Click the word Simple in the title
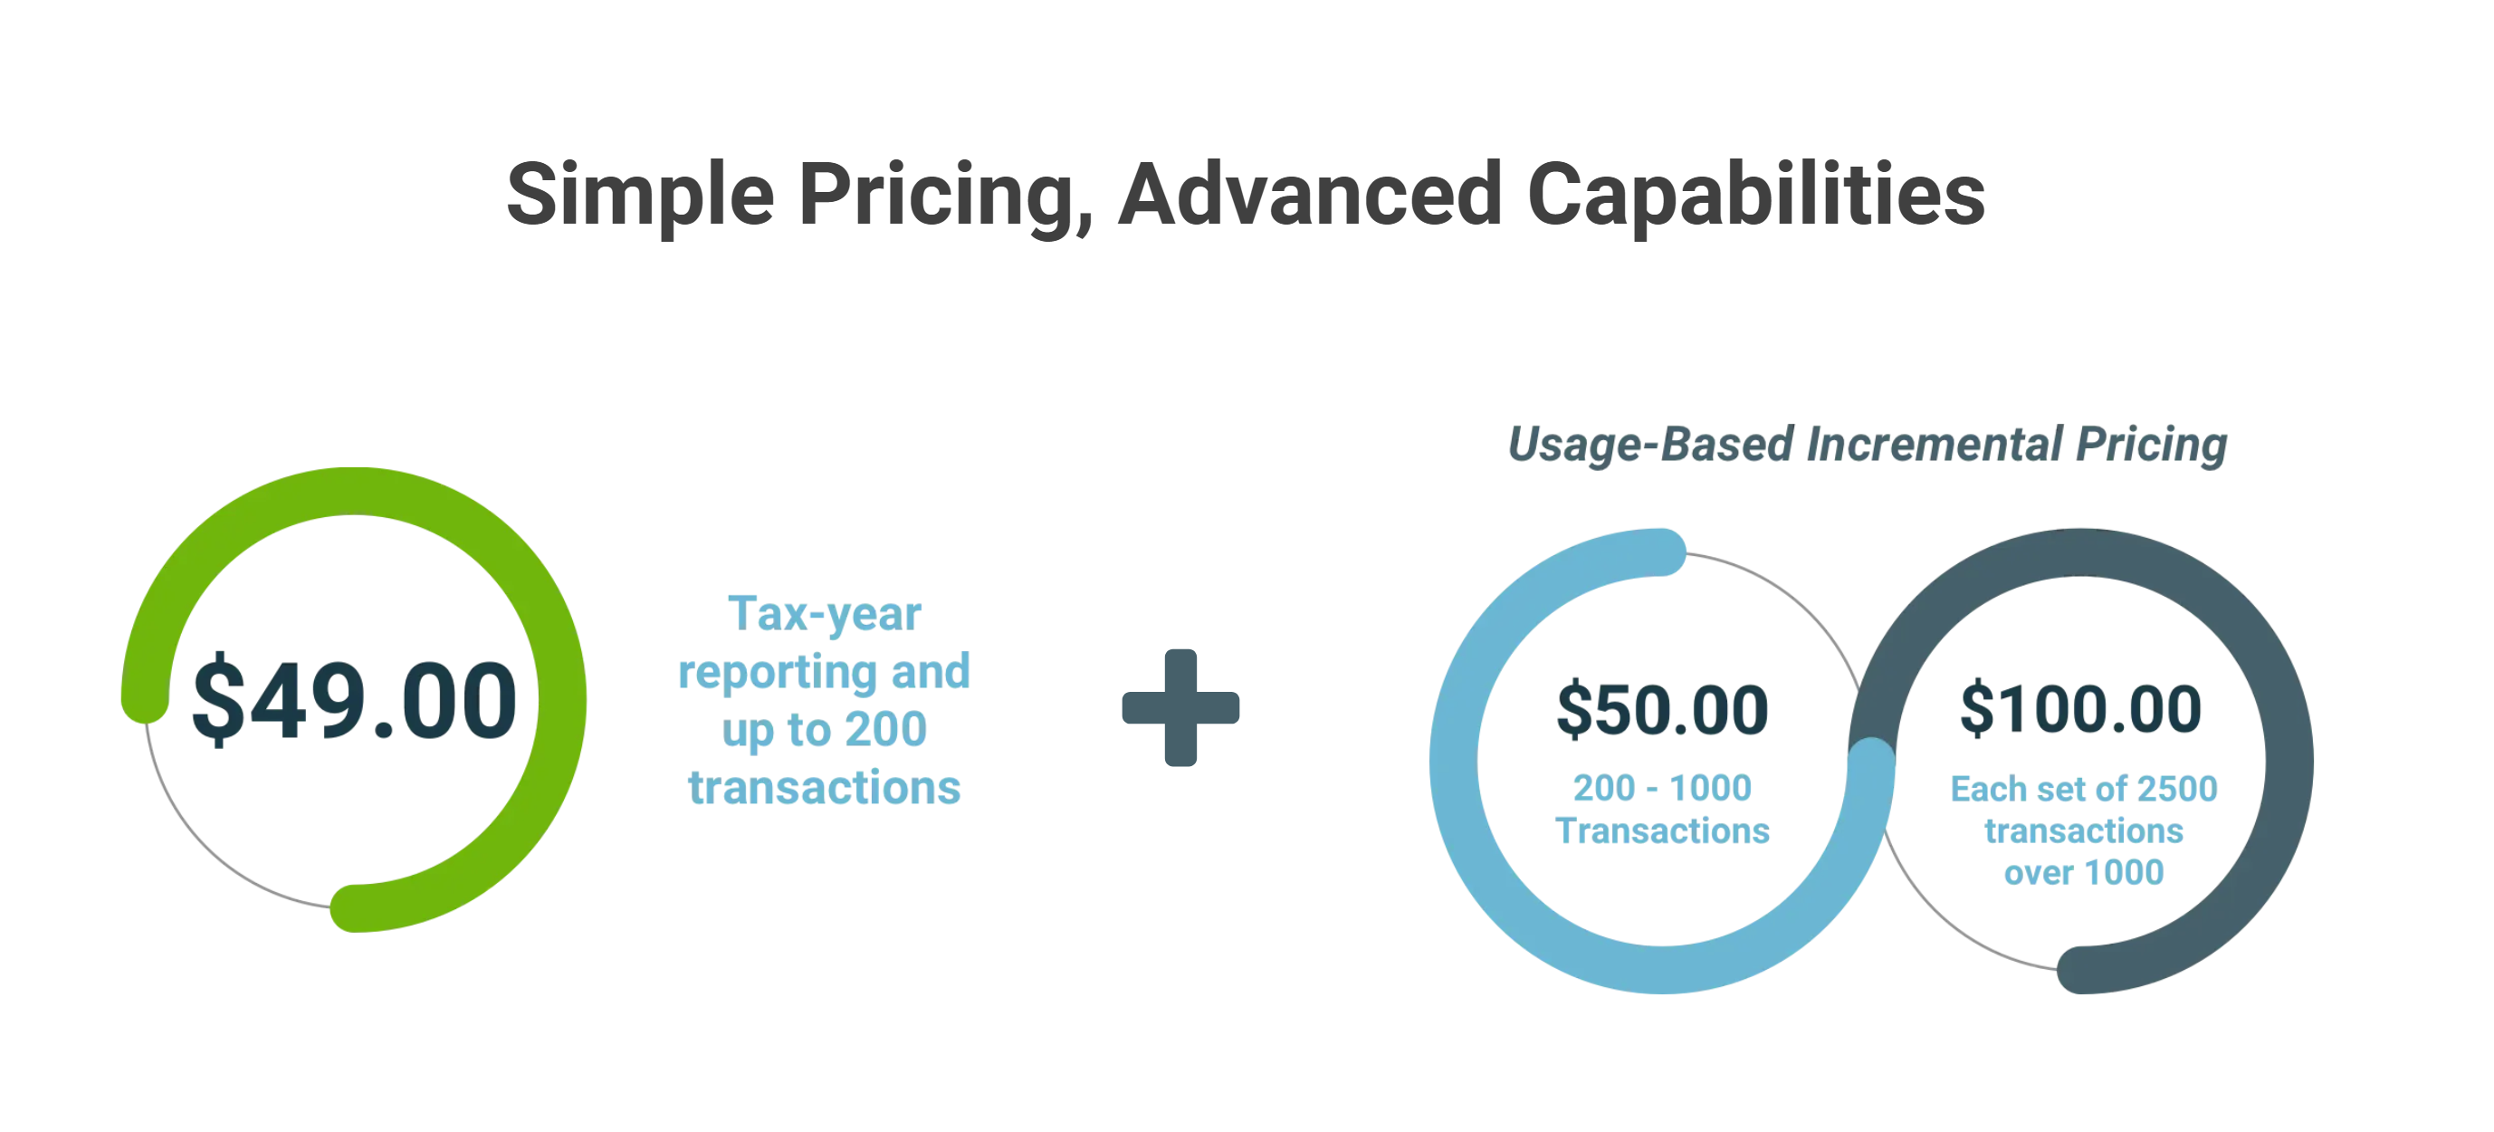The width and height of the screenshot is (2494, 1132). point(640,197)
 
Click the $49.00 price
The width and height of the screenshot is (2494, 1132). point(354,698)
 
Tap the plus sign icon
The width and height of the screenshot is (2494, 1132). point(1180,707)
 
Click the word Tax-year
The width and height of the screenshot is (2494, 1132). point(825,614)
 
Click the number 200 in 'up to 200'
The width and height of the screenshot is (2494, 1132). point(886,728)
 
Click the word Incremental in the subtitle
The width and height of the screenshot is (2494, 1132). point(1935,445)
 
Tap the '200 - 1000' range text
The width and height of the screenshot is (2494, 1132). point(1662,787)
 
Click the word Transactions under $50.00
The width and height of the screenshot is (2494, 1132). point(1662,830)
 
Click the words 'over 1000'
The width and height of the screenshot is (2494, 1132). point(2084,872)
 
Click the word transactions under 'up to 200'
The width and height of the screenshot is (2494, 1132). point(825,787)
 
